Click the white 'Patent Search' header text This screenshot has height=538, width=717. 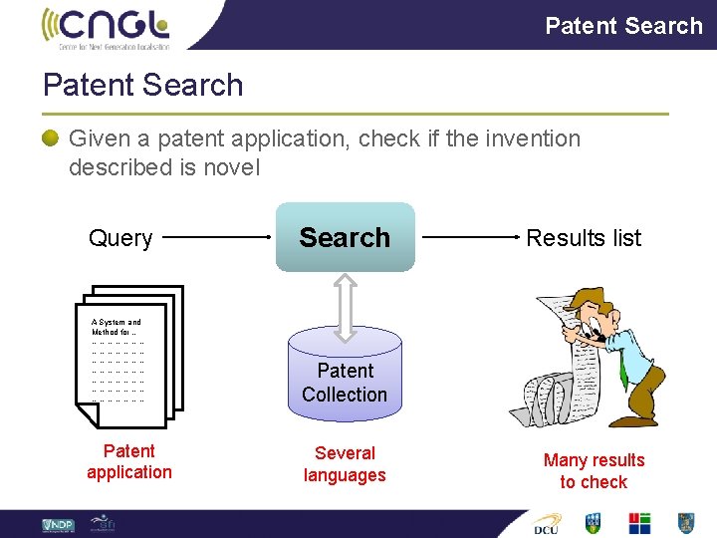point(623,25)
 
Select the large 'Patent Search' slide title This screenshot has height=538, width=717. point(142,85)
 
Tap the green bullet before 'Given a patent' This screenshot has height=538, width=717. point(50,138)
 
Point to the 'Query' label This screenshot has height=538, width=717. point(120,238)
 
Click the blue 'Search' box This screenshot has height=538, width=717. point(345,237)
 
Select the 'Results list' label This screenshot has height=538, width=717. point(584,238)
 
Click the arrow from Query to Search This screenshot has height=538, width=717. point(217,238)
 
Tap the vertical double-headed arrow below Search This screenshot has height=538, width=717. point(345,304)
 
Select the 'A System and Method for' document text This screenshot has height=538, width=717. point(117,327)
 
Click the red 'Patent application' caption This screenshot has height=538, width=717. point(129,461)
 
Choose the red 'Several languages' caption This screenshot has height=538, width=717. point(345,464)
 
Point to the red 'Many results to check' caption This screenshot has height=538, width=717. point(594,471)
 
